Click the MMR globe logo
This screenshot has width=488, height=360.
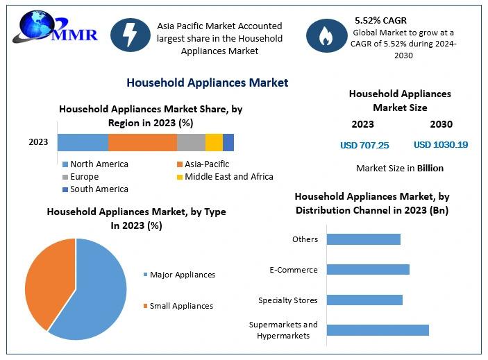56,27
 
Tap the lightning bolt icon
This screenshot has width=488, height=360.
131,35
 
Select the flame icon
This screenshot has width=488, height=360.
326,35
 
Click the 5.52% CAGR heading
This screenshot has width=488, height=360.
380,21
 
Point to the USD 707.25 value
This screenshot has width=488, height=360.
364,145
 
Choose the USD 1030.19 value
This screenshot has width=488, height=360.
441,144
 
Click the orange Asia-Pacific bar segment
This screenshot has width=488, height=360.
142,142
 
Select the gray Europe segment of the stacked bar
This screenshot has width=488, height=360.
191,142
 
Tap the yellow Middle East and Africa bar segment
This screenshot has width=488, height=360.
214,142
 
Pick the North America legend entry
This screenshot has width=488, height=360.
95,164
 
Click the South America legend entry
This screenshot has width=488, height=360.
95,189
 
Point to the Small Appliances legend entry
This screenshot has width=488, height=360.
178,306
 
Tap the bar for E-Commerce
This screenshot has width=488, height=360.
368,270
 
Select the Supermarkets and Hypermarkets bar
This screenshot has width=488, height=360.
378,330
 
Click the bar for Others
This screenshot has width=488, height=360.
364,239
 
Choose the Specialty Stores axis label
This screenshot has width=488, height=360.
288,300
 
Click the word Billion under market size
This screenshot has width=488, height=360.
430,168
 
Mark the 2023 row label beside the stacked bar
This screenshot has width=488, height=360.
38,142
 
